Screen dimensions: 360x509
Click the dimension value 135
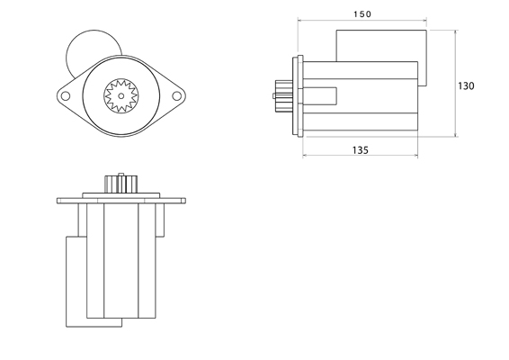click(x=360, y=150)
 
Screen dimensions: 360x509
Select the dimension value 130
click(x=466, y=86)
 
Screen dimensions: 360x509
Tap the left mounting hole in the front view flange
click(x=66, y=92)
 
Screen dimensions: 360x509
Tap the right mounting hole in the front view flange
click(x=175, y=92)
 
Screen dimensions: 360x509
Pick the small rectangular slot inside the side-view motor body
click(x=321, y=94)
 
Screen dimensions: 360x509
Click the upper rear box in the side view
click(x=381, y=45)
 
